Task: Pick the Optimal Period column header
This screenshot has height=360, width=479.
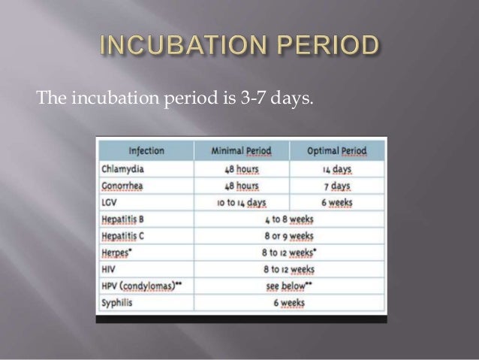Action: tap(338, 150)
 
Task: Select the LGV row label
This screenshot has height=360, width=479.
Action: tap(110, 202)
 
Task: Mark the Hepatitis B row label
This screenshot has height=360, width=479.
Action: tap(127, 219)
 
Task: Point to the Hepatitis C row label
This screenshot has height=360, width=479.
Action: tap(127, 237)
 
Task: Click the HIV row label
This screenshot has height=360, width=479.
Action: tap(109, 271)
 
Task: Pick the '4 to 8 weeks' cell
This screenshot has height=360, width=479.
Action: tap(289, 219)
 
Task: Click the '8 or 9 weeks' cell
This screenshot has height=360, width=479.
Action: tap(289, 237)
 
